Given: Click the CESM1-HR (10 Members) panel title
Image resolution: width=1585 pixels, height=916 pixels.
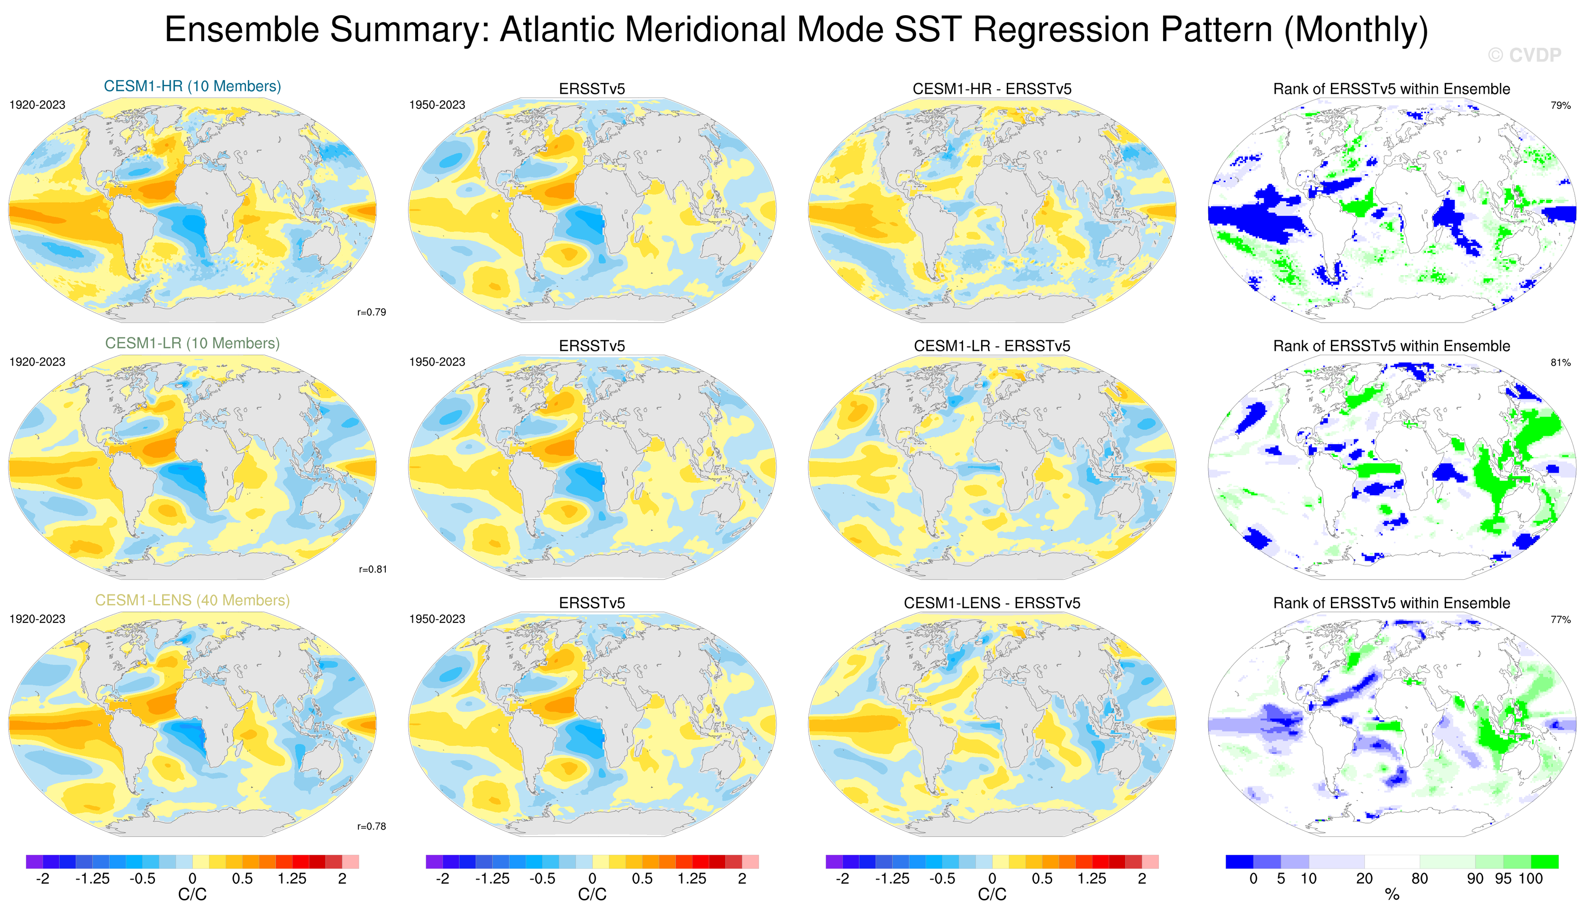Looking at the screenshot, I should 192,86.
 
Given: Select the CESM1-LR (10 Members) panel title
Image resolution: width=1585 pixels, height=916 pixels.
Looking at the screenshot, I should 192,343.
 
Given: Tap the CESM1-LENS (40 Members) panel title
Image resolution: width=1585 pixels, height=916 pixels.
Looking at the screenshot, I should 192,601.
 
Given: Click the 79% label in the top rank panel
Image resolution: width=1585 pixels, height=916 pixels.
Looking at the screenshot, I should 1560,106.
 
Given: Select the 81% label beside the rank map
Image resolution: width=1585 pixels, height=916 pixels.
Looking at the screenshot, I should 1560,363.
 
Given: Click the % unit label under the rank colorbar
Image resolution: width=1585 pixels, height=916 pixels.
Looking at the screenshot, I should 1392,895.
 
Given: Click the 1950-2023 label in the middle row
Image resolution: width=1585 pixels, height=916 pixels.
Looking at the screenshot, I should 437,362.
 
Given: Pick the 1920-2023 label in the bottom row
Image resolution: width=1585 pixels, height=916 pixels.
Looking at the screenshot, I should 37,619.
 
